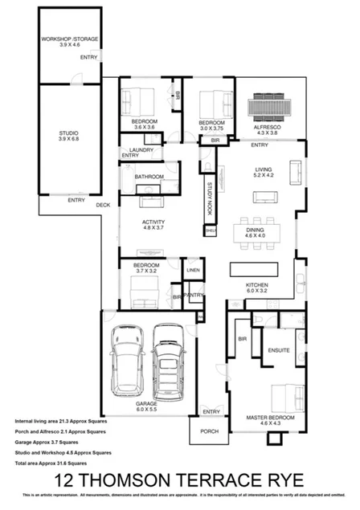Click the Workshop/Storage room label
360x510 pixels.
[x=70, y=42]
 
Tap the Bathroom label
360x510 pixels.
[x=149, y=176]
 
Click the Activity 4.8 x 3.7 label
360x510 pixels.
[x=153, y=225]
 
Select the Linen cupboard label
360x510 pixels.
[x=193, y=271]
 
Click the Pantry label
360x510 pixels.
[x=193, y=296]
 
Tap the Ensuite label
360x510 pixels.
[x=277, y=350]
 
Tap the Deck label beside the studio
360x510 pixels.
[x=103, y=205]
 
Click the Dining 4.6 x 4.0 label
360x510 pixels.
[x=260, y=234]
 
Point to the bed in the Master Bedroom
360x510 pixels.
[x=285, y=397]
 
